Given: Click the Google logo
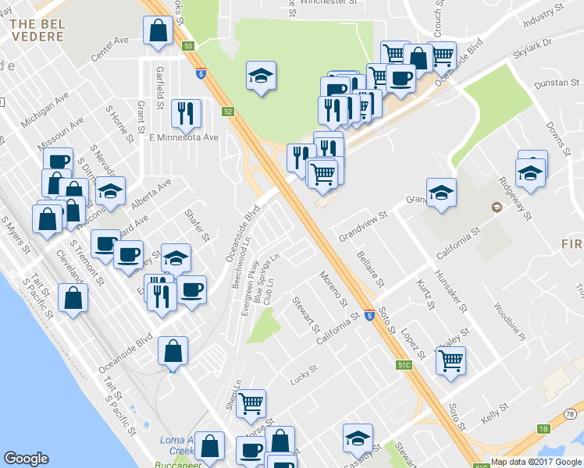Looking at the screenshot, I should click(27, 459).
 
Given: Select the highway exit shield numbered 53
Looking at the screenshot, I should click(188, 46).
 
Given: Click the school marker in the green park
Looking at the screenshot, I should click(261, 76).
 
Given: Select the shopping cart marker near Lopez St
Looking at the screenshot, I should click(450, 361).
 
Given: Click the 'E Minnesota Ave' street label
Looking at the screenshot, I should click(183, 137).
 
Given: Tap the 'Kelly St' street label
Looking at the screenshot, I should click(495, 410).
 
